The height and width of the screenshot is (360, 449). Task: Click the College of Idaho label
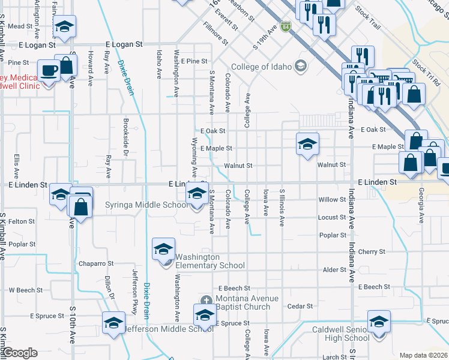pyautogui.click(x=261, y=67)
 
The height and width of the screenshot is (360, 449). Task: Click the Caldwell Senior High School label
pyautogui.click(x=341, y=334)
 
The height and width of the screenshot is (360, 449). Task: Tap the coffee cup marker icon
pyautogui.click(x=49, y=70)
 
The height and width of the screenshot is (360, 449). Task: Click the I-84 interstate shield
pyautogui.click(x=287, y=26)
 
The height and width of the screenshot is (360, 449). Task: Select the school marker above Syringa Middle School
pyautogui.click(x=196, y=194)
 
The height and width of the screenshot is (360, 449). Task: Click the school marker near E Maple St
pyautogui.click(x=307, y=144)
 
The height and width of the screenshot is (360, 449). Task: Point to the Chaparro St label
pyautogui.click(x=95, y=263)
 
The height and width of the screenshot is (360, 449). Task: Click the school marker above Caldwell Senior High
pyautogui.click(x=379, y=321)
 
